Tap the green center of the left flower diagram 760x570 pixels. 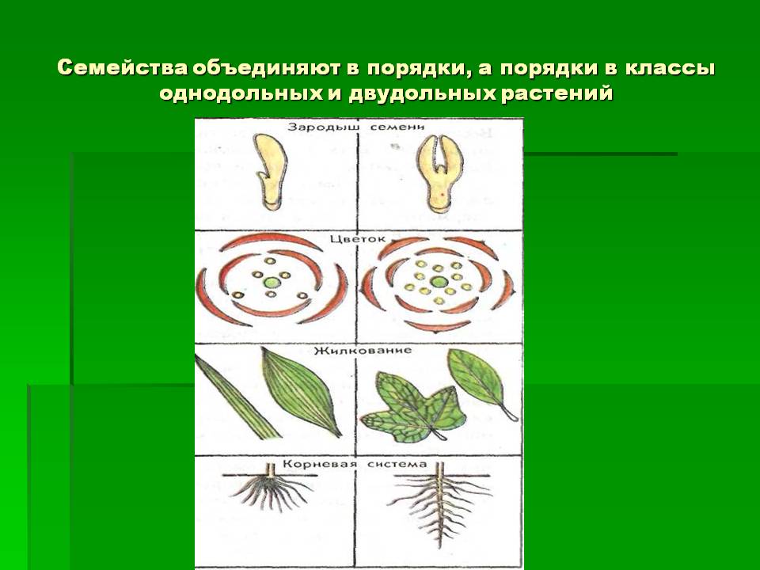point(272,282)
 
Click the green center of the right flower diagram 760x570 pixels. point(438,282)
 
